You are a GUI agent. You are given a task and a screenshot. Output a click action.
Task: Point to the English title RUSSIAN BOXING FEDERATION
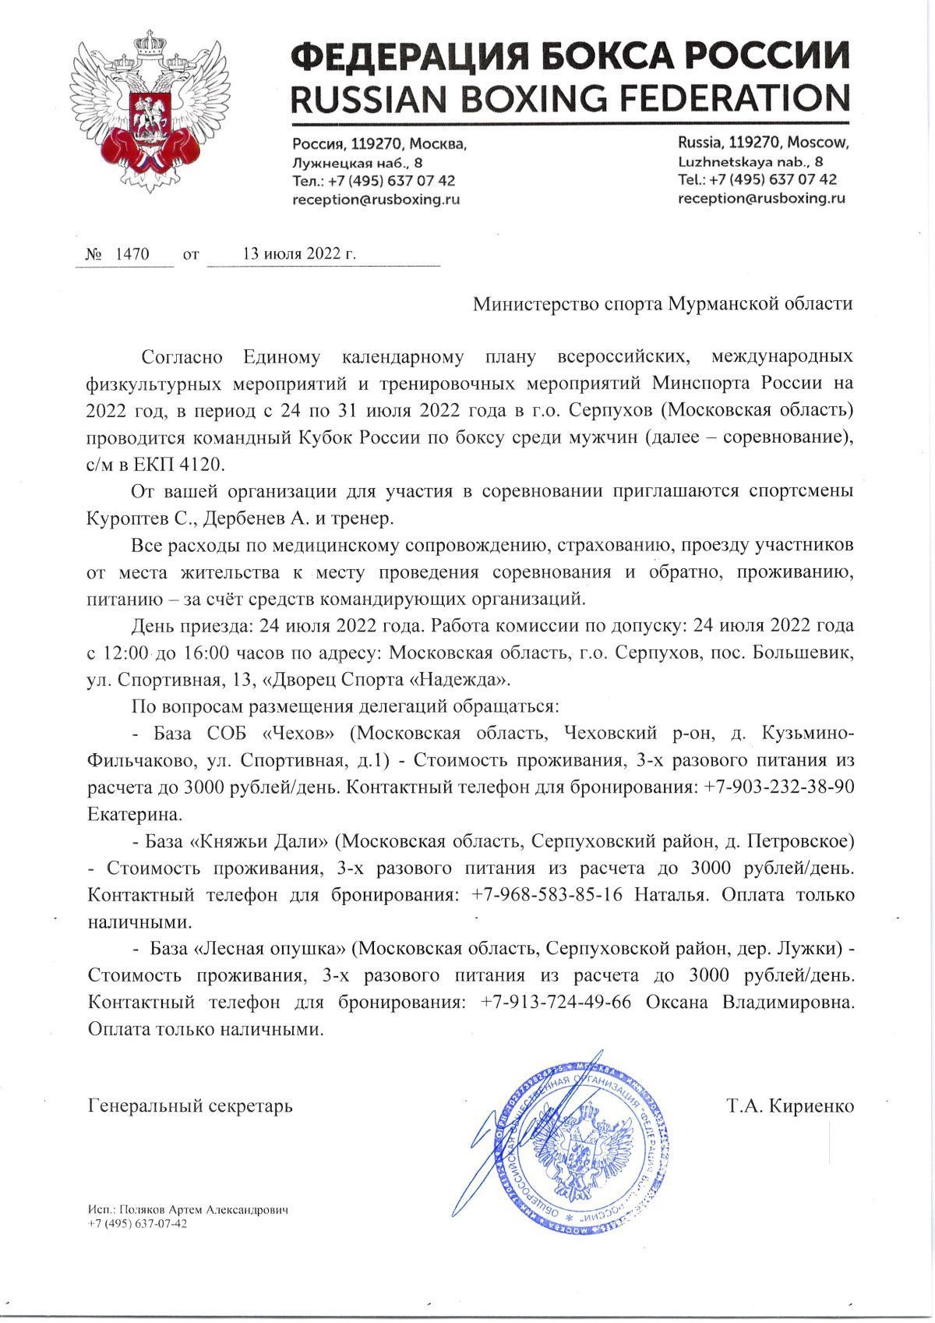(x=570, y=98)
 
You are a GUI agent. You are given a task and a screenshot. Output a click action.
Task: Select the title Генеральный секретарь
(x=191, y=1106)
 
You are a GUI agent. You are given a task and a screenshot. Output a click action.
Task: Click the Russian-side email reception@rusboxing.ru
(x=376, y=200)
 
